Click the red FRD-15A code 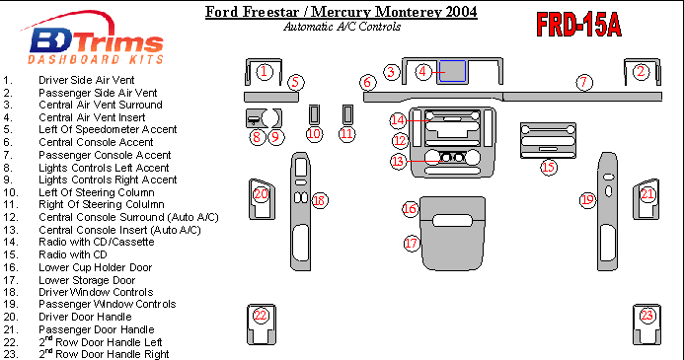tap(578, 25)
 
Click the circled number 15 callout tap(549, 167)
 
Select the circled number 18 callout tap(320, 200)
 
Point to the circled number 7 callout tap(584, 82)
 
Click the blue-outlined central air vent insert tap(452, 71)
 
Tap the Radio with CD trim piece tap(548, 140)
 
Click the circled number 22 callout tap(261, 315)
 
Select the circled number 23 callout tap(646, 316)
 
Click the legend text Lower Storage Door tap(87, 280)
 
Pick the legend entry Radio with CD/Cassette tap(97, 242)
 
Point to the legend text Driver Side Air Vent tap(87, 80)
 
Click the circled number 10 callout tap(314, 134)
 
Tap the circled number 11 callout tap(346, 134)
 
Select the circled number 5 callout tap(296, 82)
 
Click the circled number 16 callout tap(410, 209)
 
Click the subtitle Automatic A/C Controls tap(342, 27)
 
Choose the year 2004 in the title tap(462, 11)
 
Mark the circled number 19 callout tap(587, 200)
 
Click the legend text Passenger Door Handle tap(97, 329)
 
